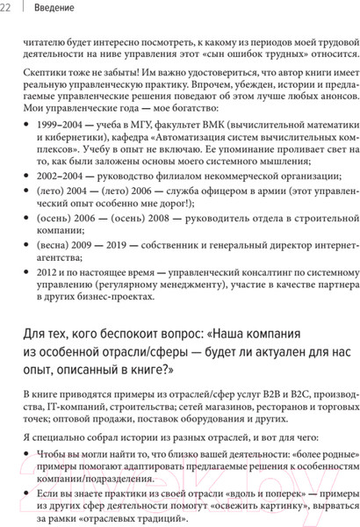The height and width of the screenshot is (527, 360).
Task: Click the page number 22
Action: click(x=7, y=8)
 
